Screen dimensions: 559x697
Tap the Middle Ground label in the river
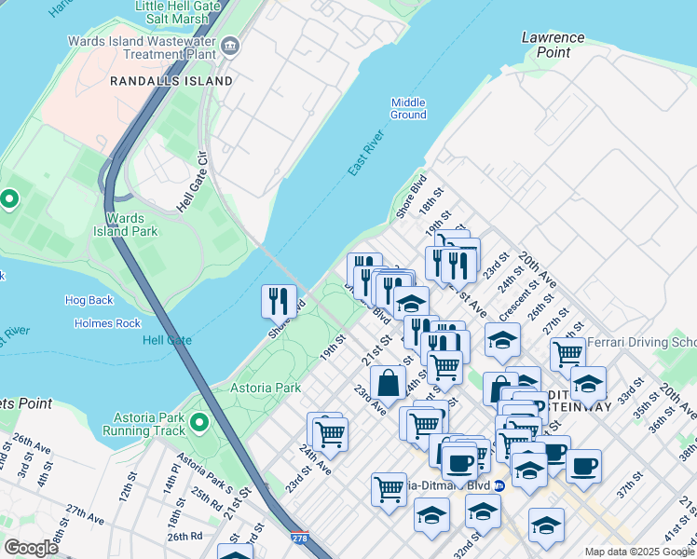(408, 109)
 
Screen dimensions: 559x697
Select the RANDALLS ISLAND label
(171, 81)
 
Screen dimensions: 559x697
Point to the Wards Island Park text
(125, 225)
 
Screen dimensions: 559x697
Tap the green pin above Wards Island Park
(9, 198)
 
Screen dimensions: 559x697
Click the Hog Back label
(89, 300)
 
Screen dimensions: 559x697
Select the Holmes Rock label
(107, 323)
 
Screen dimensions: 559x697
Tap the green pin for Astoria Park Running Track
(198, 424)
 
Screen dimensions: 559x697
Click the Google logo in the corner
(31, 547)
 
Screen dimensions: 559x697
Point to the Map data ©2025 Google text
(638, 552)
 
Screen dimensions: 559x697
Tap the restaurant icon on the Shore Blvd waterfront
(279, 301)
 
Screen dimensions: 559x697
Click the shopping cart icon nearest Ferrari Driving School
(567, 354)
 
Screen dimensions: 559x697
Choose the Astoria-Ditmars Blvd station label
(447, 486)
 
